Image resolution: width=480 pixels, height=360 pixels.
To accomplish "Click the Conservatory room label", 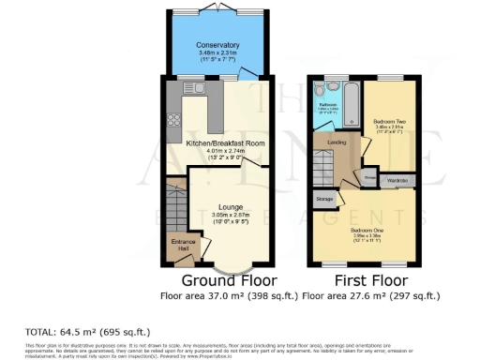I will tap(217, 45).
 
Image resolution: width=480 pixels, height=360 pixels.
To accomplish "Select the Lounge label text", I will tap(231, 206).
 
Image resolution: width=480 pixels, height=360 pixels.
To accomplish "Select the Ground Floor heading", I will tap(220, 280).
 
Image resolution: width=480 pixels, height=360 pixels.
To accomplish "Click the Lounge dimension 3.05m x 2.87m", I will tap(231, 216).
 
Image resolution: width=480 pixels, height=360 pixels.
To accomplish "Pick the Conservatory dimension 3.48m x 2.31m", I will tap(217, 53).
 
